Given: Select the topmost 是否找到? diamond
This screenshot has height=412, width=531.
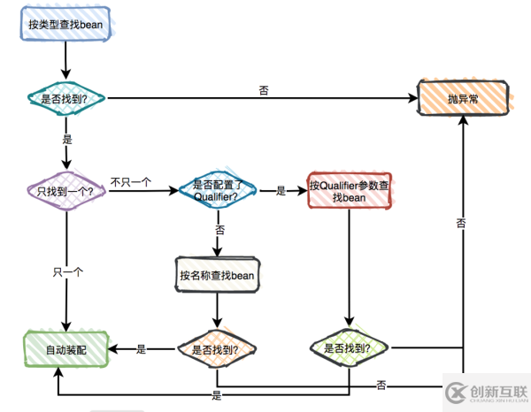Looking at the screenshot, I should tap(65, 99).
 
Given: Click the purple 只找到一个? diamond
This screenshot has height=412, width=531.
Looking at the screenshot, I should tap(65, 191).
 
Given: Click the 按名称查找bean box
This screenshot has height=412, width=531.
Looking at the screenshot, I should tap(217, 275).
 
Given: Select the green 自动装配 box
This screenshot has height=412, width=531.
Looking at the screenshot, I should tap(65, 349).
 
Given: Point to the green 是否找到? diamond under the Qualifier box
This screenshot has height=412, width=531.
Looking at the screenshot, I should tap(348, 348).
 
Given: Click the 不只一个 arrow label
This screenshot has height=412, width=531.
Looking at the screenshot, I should tap(131, 182).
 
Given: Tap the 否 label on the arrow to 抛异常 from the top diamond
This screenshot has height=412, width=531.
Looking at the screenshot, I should tap(264, 90).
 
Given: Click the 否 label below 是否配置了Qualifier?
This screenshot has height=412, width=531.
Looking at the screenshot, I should tap(219, 230).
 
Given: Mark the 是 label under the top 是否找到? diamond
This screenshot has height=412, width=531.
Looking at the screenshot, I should tap(67, 140).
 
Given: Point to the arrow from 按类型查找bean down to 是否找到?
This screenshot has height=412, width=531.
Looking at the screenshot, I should tap(65, 60).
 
